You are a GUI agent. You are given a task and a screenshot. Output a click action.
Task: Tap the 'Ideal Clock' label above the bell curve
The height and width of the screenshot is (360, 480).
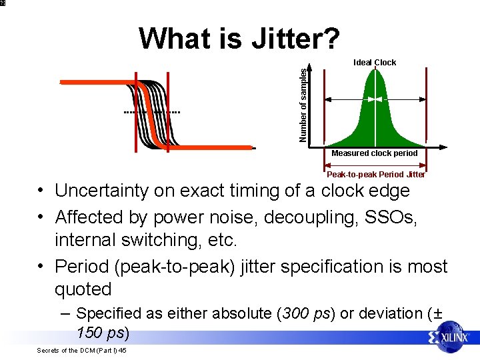point(375,63)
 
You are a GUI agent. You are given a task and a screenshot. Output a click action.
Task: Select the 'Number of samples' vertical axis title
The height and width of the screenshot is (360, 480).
point(304,105)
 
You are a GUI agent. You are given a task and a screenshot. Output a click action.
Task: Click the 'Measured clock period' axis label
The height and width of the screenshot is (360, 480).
point(375,153)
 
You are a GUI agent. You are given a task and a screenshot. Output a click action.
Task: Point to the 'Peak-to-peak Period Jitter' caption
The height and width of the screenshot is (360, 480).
point(375,175)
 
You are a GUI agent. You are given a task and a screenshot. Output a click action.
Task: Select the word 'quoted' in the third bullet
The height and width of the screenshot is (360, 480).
point(83,289)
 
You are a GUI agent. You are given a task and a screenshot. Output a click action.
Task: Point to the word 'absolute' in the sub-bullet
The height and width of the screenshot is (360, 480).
point(233,313)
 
